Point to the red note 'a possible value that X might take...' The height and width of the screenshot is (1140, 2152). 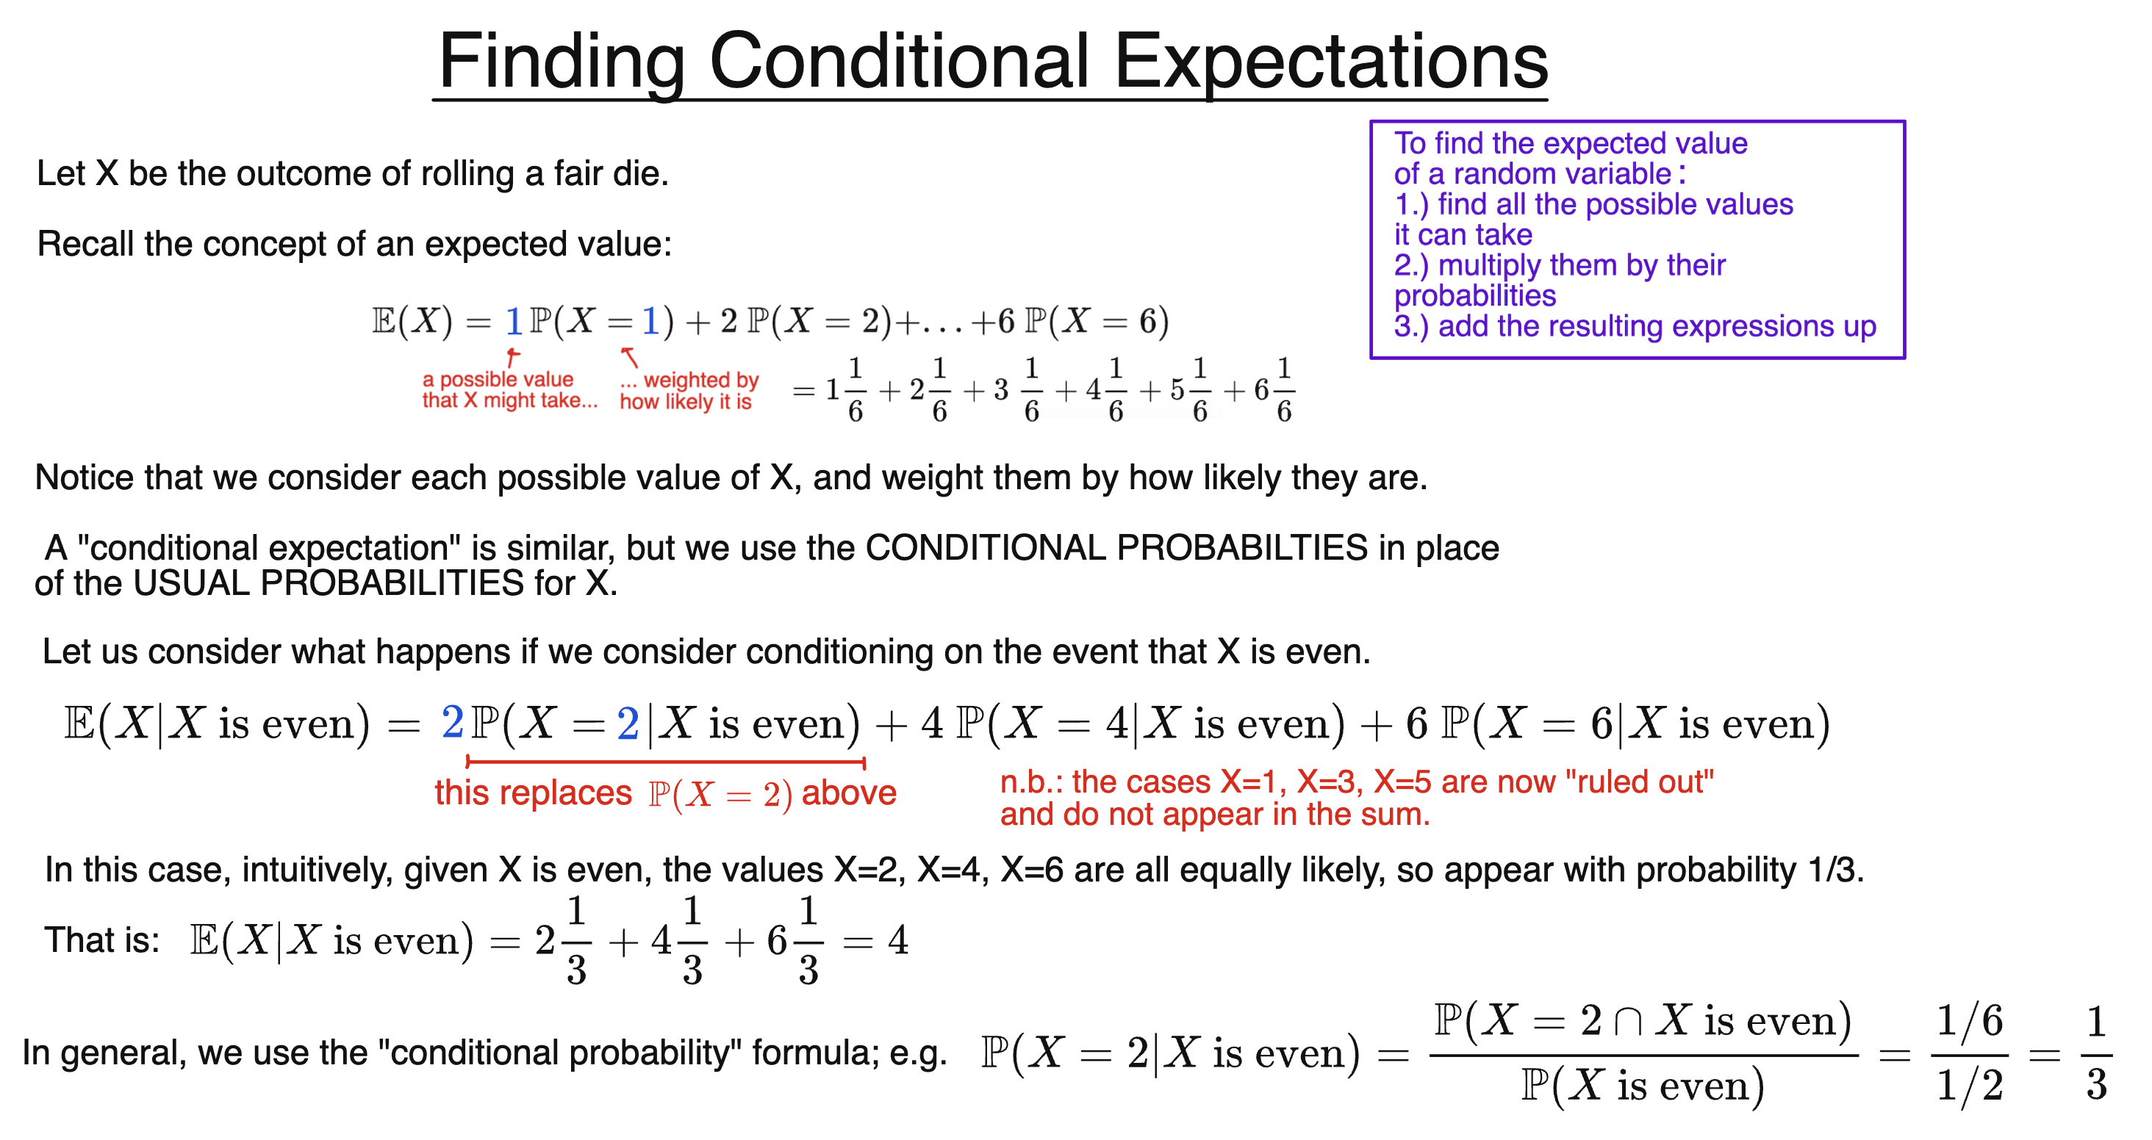tap(509, 390)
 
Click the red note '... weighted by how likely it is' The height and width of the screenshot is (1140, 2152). tap(689, 391)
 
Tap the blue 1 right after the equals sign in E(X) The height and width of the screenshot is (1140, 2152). tap(514, 322)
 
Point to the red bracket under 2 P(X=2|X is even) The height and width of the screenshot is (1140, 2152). tap(665, 762)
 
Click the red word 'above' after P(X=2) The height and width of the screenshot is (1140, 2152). tap(849, 793)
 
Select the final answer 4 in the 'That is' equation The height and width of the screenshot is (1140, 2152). tap(898, 940)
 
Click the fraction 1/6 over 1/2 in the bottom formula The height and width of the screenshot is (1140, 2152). tap(1969, 1054)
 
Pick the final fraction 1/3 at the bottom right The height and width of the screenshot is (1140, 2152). tap(2096, 1054)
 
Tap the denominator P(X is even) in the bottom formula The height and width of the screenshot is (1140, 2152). tap(1643, 1086)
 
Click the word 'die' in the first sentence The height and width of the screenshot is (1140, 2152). tap(647, 173)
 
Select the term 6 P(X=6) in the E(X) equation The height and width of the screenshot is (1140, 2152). tap(1083, 322)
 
